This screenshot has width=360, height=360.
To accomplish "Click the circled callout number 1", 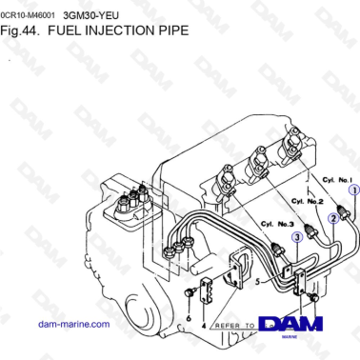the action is coord(351,190).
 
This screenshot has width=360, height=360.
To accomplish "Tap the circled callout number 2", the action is coord(332,218).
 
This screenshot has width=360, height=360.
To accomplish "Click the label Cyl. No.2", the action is coord(307,201).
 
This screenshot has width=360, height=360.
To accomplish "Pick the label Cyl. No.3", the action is coord(275,224).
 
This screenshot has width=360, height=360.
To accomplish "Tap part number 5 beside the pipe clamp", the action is coord(257,282).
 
